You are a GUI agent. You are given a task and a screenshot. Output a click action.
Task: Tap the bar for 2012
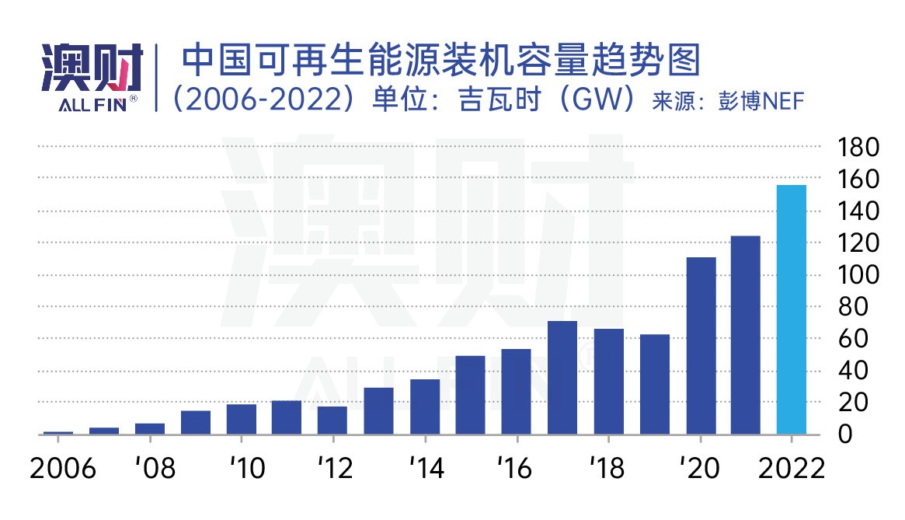click(x=332, y=420)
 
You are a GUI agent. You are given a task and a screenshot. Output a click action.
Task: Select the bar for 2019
click(x=655, y=384)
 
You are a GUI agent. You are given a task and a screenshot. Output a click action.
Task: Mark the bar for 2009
click(x=196, y=422)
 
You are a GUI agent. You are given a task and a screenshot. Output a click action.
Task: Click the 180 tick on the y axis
click(x=858, y=147)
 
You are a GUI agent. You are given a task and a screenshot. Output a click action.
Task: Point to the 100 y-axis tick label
click(x=858, y=275)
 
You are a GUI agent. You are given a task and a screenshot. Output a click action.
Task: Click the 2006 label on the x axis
click(x=61, y=469)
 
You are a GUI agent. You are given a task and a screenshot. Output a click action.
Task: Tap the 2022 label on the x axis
click(x=792, y=469)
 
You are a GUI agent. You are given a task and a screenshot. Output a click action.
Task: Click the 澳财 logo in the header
click(x=92, y=68)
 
